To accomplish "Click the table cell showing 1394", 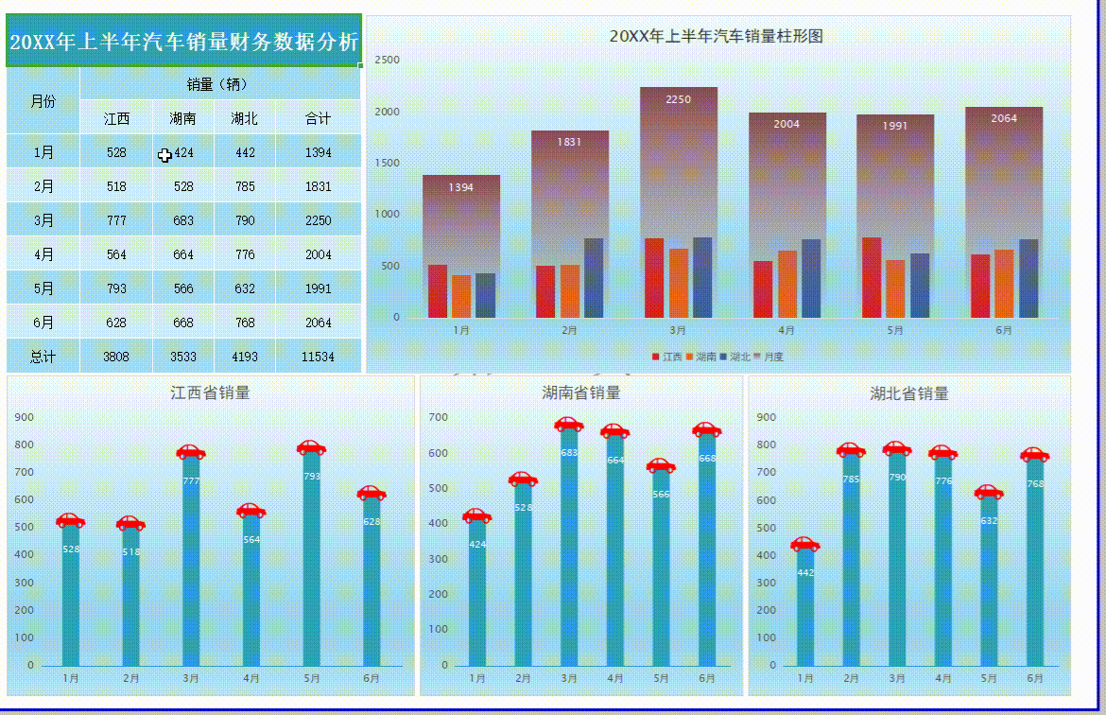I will tap(319, 152).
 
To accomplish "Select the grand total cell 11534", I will tap(319, 357).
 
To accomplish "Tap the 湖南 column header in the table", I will tap(183, 118).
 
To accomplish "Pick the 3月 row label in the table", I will tap(43, 220).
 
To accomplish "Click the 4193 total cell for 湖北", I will tap(245, 357).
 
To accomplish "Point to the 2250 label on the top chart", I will tap(679, 99).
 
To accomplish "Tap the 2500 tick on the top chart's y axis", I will tap(388, 60).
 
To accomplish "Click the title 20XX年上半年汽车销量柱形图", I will tap(716, 36).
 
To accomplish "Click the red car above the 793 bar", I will tap(311, 447).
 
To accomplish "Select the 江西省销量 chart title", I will tap(210, 392).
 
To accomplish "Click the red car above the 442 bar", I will tap(805, 544).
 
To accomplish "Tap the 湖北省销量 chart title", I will tap(908, 392).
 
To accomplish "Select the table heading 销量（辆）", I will tap(218, 84).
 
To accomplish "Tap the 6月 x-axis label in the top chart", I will tap(1004, 331).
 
